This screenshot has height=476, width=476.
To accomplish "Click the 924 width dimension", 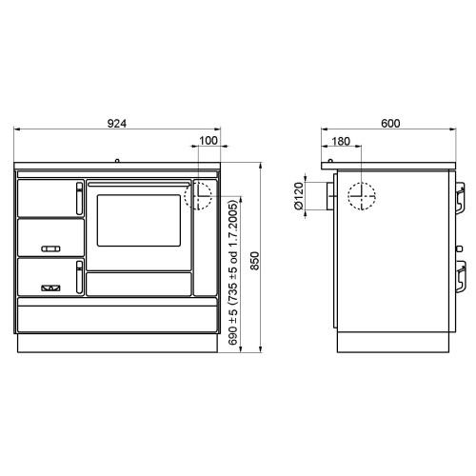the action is click(117, 124).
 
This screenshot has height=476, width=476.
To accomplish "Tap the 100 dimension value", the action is click(208, 141).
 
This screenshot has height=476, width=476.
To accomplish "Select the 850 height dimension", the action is click(254, 261).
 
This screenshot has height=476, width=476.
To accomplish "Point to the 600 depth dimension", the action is click(390, 124).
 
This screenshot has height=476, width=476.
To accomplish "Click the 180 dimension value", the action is click(341, 141).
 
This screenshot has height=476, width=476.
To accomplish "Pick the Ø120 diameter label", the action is click(299, 196).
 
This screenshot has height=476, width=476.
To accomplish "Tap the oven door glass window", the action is click(139, 220).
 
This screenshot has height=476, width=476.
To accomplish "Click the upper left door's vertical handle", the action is click(79, 199).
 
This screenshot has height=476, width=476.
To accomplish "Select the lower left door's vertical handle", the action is click(79, 277).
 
